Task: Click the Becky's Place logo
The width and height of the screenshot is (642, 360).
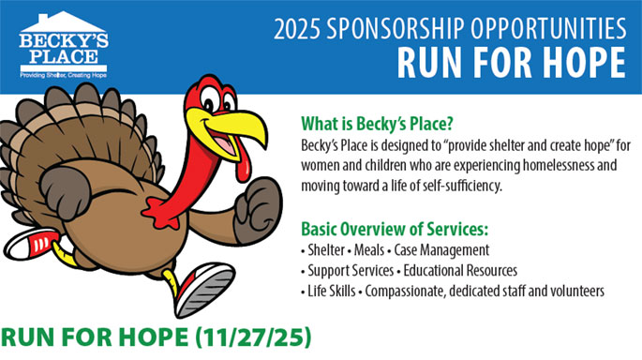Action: (64, 45)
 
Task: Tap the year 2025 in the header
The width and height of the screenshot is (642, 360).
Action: (297, 29)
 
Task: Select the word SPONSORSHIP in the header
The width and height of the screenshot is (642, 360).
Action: (396, 29)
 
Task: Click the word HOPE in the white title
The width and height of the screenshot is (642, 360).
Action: (584, 63)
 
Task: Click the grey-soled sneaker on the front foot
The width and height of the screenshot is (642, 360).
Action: (203, 290)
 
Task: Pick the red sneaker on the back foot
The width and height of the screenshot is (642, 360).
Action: (32, 244)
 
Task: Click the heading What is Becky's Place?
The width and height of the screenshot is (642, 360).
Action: (377, 123)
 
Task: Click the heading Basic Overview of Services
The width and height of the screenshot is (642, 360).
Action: (395, 229)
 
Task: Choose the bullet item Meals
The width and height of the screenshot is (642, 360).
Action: (369, 249)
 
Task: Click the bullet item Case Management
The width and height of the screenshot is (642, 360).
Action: (441, 250)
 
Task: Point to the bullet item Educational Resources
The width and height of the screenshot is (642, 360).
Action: (460, 270)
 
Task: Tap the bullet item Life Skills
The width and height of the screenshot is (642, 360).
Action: (331, 291)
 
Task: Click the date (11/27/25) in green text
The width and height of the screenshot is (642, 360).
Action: (253, 337)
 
